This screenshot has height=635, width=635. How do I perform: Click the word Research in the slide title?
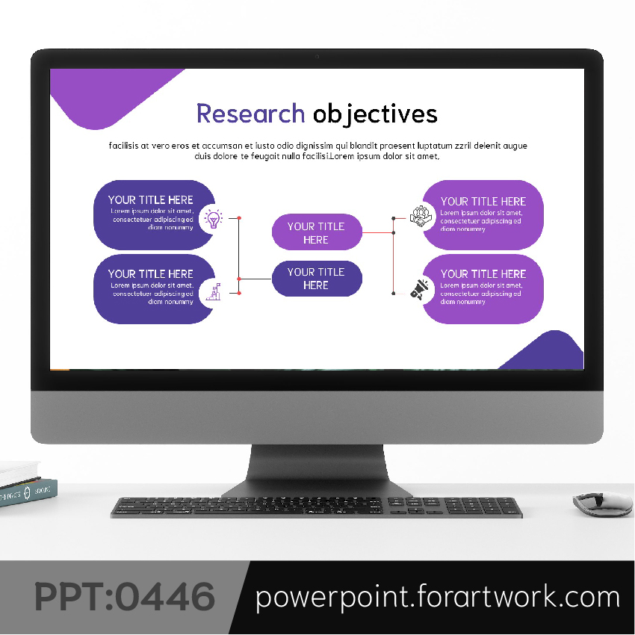tap(251, 114)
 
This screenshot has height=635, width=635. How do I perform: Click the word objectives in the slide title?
tap(375, 114)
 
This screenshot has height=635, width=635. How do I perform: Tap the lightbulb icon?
tap(213, 219)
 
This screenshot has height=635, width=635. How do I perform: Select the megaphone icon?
tap(419, 290)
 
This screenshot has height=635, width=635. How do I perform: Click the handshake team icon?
tap(421, 216)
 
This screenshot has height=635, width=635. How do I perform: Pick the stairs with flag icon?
tap(214, 291)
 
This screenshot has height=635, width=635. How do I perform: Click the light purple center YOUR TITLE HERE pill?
tap(317, 232)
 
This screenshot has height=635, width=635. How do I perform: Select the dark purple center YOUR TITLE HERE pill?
tap(317, 279)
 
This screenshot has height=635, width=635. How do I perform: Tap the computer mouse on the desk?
tap(603, 504)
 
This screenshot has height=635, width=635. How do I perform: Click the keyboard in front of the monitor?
tap(316, 507)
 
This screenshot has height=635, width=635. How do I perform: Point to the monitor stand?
tap(317, 471)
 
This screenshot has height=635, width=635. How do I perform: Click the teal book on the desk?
tap(28, 492)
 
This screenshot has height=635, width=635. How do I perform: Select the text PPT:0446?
tap(125, 597)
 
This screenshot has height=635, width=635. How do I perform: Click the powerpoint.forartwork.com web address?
tap(437, 597)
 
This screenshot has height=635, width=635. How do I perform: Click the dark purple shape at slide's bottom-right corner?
tap(545, 350)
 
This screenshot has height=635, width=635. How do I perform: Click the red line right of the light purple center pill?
tap(377, 233)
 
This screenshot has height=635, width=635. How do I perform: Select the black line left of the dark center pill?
tap(255, 279)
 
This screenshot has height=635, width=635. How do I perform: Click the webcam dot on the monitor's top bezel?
tap(317, 57)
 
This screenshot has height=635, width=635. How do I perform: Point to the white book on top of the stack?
tap(19, 473)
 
